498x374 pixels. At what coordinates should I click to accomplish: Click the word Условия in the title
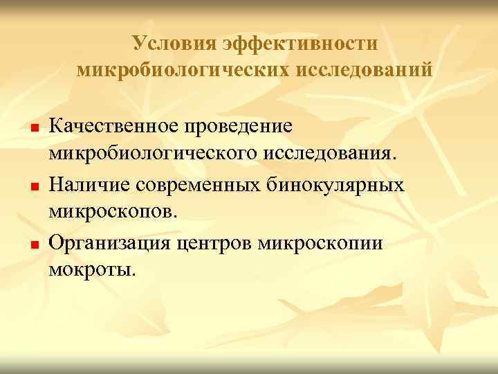pyautogui.click(x=173, y=44)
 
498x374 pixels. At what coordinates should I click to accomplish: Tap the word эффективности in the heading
pyautogui.click(x=301, y=44)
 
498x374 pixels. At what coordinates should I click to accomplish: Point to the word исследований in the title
pyautogui.click(x=367, y=70)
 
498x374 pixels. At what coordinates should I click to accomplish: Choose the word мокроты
pyautogui.click(x=89, y=267)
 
